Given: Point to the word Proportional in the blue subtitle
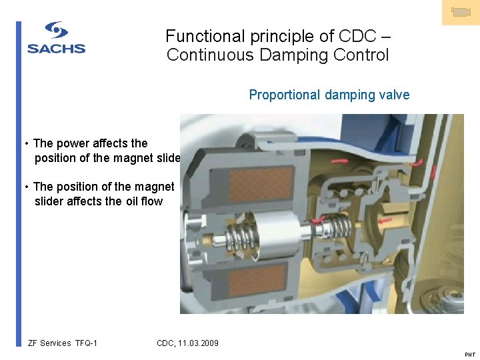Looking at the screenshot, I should pyautogui.click(x=285, y=95).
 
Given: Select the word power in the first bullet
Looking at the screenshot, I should pyautogui.click(x=73, y=143).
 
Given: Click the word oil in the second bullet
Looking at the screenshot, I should pyautogui.click(x=133, y=201).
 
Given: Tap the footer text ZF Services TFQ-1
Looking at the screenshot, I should pyautogui.click(x=63, y=343).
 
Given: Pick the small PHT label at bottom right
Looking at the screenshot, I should pyautogui.click(x=469, y=355).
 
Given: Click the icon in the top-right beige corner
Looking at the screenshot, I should pyautogui.click(x=461, y=12).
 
